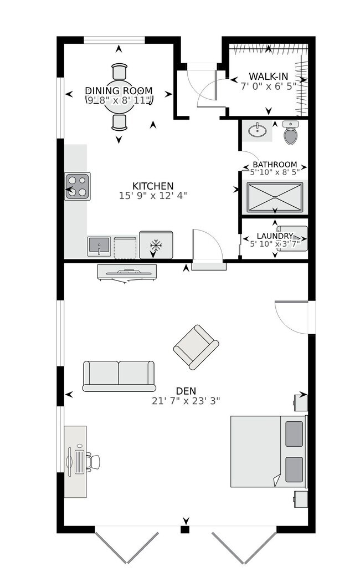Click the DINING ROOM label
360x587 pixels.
click(x=119, y=91)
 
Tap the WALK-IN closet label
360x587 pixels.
click(x=269, y=76)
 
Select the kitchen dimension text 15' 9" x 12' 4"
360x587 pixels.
click(x=153, y=195)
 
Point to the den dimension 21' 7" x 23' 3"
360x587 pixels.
click(x=187, y=400)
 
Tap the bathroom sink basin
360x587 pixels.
click(x=256, y=131)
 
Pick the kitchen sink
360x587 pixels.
click(x=99, y=246)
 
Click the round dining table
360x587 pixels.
click(x=120, y=103)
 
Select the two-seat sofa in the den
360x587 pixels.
click(x=119, y=376)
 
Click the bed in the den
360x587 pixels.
click(x=268, y=451)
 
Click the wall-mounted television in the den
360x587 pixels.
click(x=127, y=272)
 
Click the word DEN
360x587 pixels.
click(x=187, y=391)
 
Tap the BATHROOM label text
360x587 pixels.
click(x=275, y=165)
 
